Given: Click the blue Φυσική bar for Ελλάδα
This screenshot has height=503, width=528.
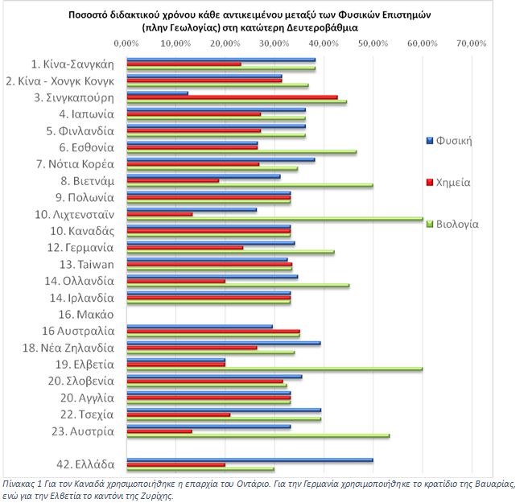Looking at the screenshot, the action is (250, 460).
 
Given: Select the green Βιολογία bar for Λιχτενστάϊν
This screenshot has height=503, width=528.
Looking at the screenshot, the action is (275, 219).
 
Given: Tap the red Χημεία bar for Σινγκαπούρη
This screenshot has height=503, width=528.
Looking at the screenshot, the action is (233, 97).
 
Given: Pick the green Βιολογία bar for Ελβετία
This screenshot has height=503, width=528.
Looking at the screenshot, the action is (274, 369).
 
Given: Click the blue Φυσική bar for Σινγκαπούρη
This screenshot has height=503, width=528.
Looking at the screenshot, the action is (158, 93).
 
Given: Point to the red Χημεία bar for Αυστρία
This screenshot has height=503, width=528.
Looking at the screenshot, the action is (159, 431).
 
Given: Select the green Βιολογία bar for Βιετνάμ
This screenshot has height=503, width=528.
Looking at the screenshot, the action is (250, 185).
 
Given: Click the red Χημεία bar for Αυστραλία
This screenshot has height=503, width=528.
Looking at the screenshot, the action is (213, 332).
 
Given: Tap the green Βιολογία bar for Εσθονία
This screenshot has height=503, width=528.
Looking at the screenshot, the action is (241, 152).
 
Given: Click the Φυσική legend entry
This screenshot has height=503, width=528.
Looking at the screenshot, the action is (449, 140).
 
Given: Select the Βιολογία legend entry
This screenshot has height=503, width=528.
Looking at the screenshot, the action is (452, 224).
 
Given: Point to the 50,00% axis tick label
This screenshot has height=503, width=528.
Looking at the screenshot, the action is (373, 43).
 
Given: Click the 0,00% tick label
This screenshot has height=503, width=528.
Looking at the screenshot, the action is (126, 43).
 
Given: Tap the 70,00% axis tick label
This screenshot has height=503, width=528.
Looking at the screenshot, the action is (472, 43).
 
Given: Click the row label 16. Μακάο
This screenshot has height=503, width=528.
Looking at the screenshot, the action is (86, 315).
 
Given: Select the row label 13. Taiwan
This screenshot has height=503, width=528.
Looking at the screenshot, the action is (87, 264).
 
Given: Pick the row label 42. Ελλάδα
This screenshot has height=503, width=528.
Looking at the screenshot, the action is (85, 464).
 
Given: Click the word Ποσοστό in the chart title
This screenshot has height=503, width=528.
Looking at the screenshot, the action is (89, 15).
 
